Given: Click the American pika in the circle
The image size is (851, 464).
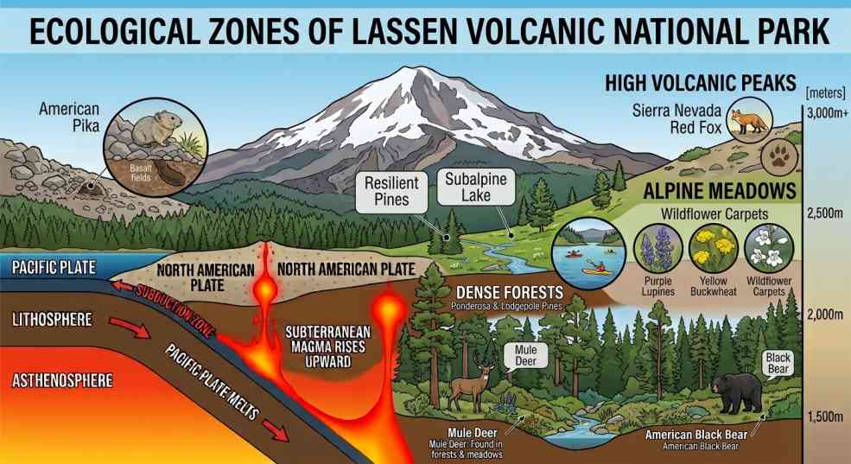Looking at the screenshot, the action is coord(156,129).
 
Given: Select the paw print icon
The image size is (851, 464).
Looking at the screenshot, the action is coord(780,156).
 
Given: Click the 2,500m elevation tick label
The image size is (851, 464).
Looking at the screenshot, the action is coord(824,213).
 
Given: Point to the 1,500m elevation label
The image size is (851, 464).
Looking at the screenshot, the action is coord(825,416).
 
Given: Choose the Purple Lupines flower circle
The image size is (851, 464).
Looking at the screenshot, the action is coord(657,249).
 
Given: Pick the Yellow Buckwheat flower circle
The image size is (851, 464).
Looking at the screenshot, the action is coord(713,249).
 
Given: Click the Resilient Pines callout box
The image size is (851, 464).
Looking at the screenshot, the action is coord(391,191).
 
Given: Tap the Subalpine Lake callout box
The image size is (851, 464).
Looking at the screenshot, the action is coord(475,187).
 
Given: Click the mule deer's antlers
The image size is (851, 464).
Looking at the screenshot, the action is coord(483,360).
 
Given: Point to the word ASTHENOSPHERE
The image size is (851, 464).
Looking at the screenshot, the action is coord(62,380).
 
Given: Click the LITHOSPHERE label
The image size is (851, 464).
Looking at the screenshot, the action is coord(52,319).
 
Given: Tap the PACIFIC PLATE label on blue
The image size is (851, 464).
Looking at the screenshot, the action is coord(54,267).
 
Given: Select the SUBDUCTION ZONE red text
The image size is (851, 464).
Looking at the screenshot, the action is coord(175,310).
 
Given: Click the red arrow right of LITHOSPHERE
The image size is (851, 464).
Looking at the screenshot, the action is coord(130,327).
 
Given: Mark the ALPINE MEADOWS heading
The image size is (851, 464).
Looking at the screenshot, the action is coord(720,191).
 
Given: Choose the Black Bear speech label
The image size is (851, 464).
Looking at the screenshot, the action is coord(778,363).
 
